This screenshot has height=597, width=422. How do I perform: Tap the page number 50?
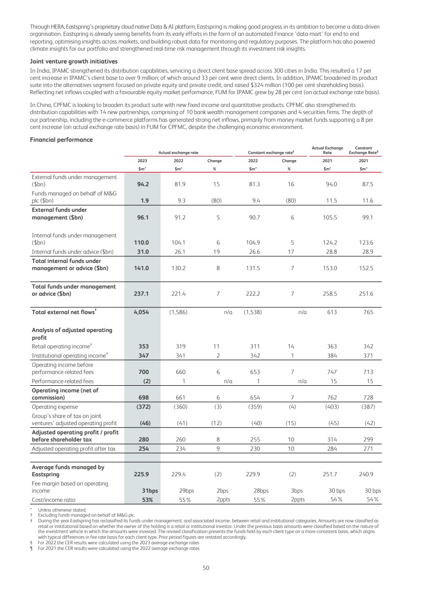pos(206,567)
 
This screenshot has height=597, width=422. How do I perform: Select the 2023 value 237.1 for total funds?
pos(141,294)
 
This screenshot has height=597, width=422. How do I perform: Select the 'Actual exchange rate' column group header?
pos(177,152)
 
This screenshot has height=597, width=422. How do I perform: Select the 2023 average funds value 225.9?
pos(141,474)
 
